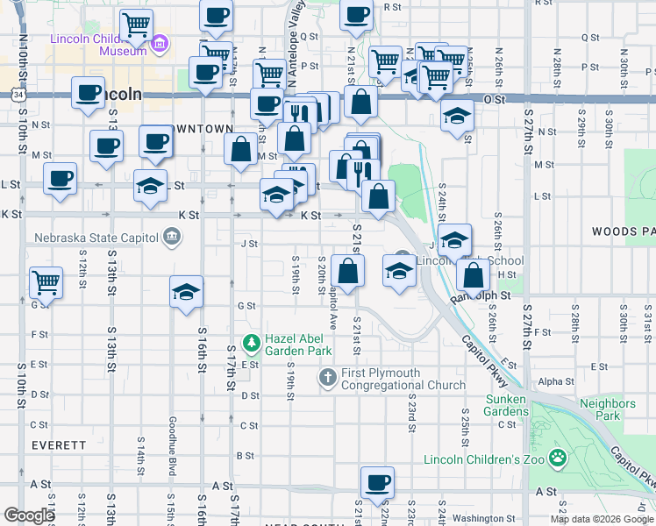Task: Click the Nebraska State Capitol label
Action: pos(96,237)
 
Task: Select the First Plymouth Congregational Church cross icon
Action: pos(327,378)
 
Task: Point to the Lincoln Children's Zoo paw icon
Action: pos(556,458)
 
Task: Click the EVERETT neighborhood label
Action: pos(59,445)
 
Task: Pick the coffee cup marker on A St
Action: pos(377,482)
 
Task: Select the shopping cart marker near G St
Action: pos(46,283)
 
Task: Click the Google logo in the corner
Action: pos(30,515)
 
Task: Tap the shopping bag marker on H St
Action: pos(474,274)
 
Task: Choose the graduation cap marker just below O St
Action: pos(456,117)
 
